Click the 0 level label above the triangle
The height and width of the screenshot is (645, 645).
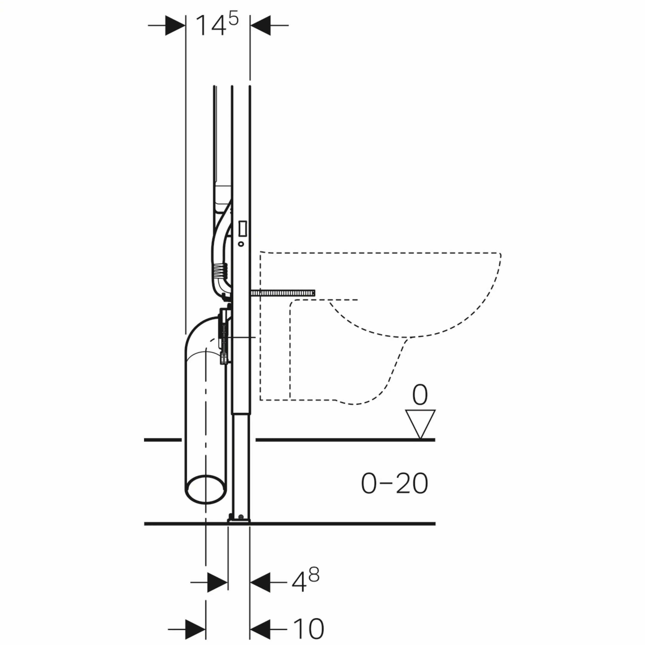(x=420, y=395)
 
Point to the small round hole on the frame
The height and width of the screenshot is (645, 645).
(x=241, y=244)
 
